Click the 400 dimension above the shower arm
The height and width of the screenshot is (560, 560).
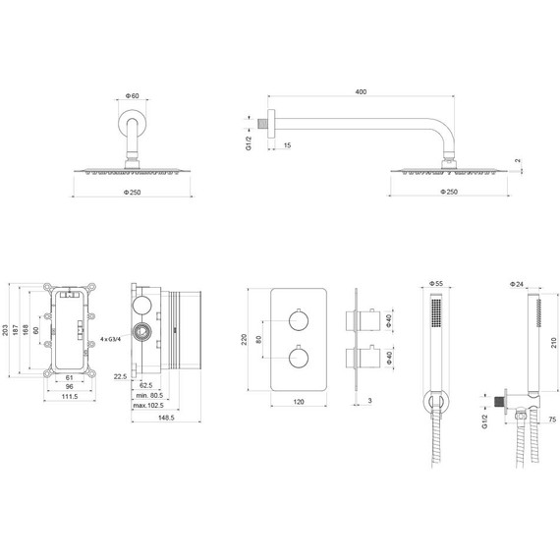pos(361,91)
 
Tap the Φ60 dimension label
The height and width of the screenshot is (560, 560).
pos(133,95)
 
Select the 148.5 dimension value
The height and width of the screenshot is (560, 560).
pos(166,418)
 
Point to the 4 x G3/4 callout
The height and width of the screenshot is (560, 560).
pos(111,339)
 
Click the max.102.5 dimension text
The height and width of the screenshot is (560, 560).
pos(148,406)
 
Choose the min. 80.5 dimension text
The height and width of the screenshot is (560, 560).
pos(149,395)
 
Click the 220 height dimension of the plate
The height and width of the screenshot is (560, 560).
pos(244,339)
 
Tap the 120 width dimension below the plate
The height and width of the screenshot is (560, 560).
pos(299,402)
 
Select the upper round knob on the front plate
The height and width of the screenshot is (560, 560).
pos(299,320)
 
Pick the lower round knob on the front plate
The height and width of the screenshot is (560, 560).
pos(299,358)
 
